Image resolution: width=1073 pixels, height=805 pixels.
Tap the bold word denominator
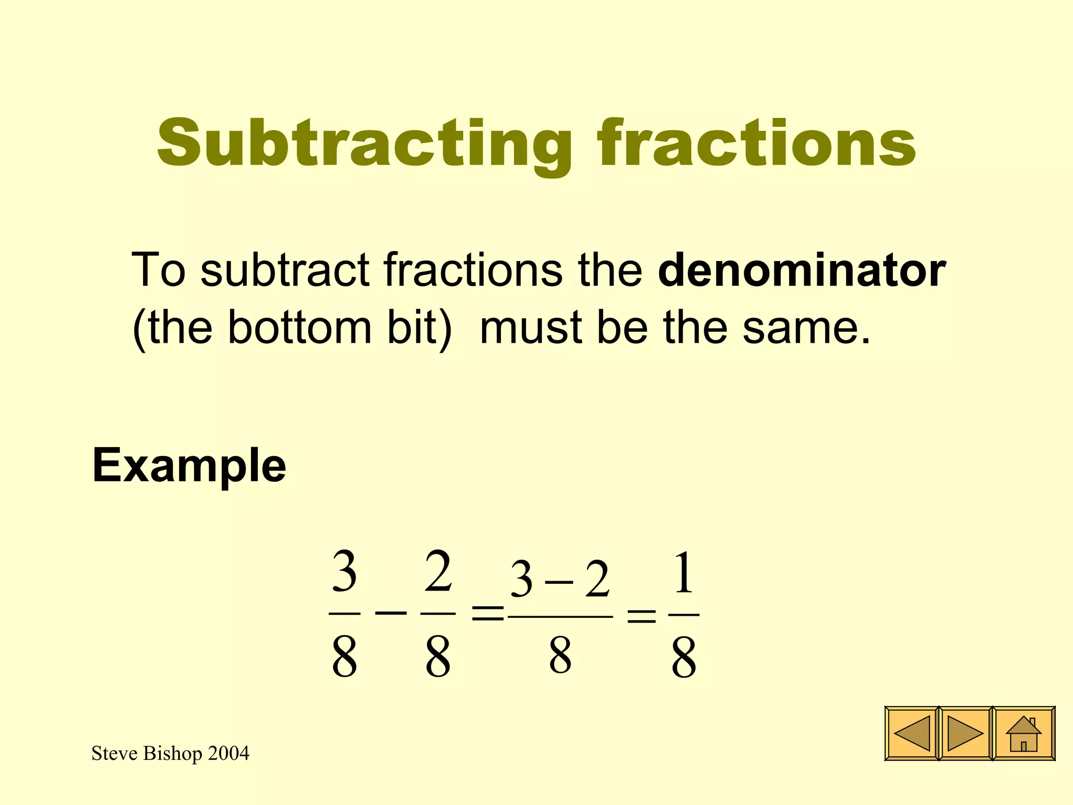coord(802,270)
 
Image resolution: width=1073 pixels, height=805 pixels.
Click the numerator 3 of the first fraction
coord(344,573)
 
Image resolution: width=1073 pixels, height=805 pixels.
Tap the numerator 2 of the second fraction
coord(438,572)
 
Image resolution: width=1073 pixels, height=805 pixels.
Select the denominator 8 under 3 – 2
coord(560,656)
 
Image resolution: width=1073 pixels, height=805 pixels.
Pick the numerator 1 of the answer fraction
coord(684,573)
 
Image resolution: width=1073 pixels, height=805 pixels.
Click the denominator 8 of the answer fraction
coord(684,657)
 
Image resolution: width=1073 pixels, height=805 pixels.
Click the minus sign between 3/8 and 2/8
coord(391,612)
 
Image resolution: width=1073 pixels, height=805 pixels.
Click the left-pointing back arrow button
coord(912,733)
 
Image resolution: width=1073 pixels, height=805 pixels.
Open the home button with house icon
coord(1024,733)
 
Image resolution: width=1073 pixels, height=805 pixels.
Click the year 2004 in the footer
coord(228,754)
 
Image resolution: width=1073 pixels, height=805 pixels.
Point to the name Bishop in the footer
coord(172,754)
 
